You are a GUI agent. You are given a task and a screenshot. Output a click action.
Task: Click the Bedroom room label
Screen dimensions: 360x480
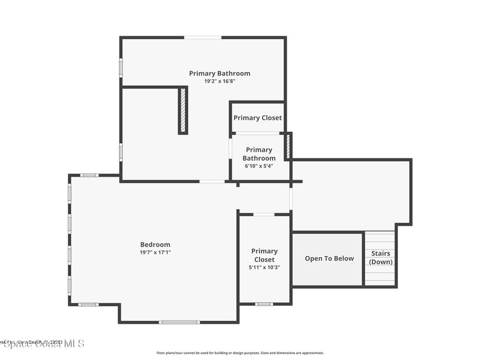click(x=155, y=244)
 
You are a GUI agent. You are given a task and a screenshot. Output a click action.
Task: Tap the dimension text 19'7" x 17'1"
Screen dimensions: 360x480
click(x=155, y=252)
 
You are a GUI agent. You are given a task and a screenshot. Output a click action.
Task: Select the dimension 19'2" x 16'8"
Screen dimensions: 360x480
click(x=219, y=81)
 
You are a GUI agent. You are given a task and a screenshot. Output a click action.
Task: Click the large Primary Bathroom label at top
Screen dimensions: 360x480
click(x=219, y=73)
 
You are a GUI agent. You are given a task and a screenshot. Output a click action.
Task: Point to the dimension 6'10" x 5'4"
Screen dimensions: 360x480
click(x=259, y=166)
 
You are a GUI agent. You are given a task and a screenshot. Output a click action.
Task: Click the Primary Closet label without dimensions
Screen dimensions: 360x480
click(x=258, y=118)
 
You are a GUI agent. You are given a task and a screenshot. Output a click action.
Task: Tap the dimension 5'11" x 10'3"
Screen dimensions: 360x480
click(x=264, y=268)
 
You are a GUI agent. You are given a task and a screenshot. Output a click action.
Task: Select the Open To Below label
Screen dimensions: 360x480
click(x=329, y=258)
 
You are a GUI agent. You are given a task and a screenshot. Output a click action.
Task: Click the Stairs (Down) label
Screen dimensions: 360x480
click(x=381, y=258)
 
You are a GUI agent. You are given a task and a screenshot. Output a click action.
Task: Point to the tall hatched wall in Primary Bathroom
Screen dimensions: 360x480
click(x=183, y=111)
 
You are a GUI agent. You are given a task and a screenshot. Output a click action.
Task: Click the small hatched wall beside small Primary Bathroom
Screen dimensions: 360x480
click(x=288, y=146)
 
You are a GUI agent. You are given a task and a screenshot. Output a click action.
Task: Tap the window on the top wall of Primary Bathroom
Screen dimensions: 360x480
click(x=202, y=37)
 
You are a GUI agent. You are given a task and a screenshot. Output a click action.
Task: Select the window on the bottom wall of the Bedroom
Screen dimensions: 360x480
click(x=179, y=322)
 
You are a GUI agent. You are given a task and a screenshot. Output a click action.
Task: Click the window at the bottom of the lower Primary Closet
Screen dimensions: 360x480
click(x=264, y=304)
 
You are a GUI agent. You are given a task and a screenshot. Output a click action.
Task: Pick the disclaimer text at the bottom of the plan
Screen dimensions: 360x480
click(x=240, y=353)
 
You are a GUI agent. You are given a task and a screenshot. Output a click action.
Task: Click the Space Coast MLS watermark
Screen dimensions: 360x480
click(x=42, y=344)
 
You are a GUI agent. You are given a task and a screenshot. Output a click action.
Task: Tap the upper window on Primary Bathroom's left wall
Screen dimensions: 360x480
click(x=120, y=68)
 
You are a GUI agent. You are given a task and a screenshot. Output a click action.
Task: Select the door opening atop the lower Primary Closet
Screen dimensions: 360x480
click(x=264, y=214)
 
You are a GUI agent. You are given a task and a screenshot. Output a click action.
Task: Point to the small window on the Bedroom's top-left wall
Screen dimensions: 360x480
click(x=89, y=175)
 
